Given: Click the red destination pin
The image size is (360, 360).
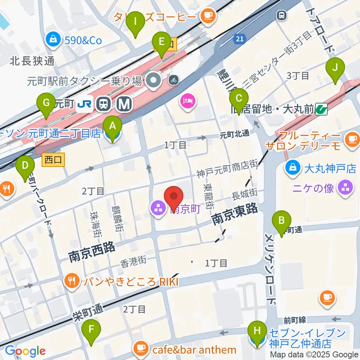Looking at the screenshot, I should (x=174, y=198).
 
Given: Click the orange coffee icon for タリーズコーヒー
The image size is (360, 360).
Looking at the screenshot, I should (x=207, y=16).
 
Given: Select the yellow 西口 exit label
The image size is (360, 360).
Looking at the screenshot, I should (x=53, y=159).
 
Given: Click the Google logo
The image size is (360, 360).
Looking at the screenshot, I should (x=25, y=351).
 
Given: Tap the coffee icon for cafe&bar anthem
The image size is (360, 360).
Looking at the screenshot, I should (x=141, y=348).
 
